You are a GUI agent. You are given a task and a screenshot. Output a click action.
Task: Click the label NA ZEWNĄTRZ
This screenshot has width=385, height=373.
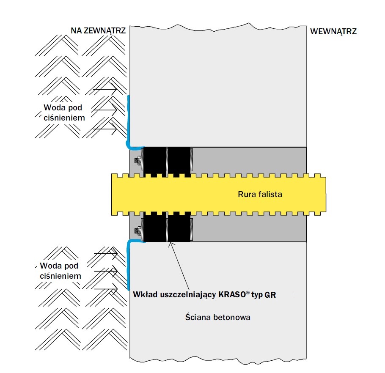click(x=98, y=31)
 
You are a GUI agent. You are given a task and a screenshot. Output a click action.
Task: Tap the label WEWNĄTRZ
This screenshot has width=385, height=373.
click(x=333, y=32)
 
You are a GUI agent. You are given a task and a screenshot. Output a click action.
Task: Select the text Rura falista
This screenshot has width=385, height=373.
click(x=260, y=195)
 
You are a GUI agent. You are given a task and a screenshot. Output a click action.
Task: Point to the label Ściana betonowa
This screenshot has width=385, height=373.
click(x=218, y=317)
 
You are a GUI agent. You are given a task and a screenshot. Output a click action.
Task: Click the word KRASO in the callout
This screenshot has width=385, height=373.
click(x=232, y=294)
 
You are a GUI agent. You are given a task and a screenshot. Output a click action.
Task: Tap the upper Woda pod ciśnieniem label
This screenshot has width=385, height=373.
click(x=64, y=112)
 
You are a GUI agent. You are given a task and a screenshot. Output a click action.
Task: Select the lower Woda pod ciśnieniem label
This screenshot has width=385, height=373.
click(x=60, y=271)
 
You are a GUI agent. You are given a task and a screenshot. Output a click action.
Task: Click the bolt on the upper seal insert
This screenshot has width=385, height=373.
click(x=138, y=161)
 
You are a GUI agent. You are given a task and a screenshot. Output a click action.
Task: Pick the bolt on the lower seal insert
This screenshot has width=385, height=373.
click(x=138, y=230)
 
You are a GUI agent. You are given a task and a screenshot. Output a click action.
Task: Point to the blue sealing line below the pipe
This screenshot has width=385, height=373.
click(x=128, y=265)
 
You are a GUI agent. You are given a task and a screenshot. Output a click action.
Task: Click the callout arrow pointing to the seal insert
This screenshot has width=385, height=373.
click(x=179, y=266)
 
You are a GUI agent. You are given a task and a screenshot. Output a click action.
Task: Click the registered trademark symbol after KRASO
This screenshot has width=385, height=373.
click(x=248, y=293)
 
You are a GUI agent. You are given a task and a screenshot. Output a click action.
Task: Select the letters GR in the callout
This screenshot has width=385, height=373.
click(x=270, y=295)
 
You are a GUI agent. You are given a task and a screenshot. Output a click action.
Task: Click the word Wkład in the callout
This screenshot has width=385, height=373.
click(x=145, y=294)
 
